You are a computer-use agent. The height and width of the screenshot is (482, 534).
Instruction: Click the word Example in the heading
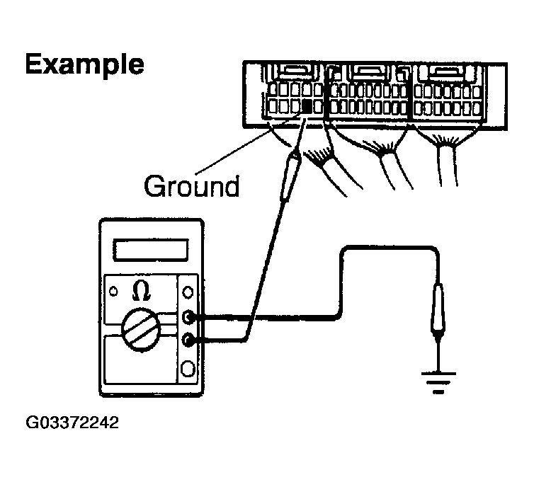coord(84,64)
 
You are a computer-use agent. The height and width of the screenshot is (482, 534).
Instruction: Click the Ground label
coord(191,186)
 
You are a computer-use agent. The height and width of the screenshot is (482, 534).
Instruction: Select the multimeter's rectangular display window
coord(152,250)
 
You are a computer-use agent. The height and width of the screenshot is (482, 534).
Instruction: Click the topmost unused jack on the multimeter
coord(189,292)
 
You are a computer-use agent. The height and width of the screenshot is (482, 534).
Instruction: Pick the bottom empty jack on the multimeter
coord(189,368)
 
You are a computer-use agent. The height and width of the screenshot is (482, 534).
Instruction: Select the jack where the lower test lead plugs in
coord(189,340)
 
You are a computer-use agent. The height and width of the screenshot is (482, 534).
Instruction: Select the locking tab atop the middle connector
coord(368,71)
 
